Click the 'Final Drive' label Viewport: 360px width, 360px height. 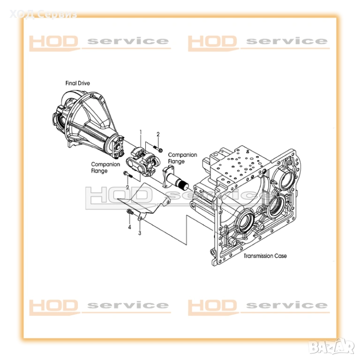(78, 83)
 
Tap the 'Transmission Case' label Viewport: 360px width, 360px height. (265, 256)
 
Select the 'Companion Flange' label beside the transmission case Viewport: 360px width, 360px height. (182, 158)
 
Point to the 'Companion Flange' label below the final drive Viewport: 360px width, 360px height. (105, 168)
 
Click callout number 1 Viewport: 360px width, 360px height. (141, 132)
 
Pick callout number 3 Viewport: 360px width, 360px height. (140, 233)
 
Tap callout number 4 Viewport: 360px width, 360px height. (129, 227)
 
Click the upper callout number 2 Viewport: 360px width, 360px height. (158, 135)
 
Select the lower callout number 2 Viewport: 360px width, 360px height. (127, 187)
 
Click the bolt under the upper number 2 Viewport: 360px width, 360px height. (157, 148)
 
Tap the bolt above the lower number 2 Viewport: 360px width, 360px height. (128, 174)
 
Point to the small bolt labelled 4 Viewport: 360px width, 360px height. (130, 212)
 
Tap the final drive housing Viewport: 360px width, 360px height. (87, 125)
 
